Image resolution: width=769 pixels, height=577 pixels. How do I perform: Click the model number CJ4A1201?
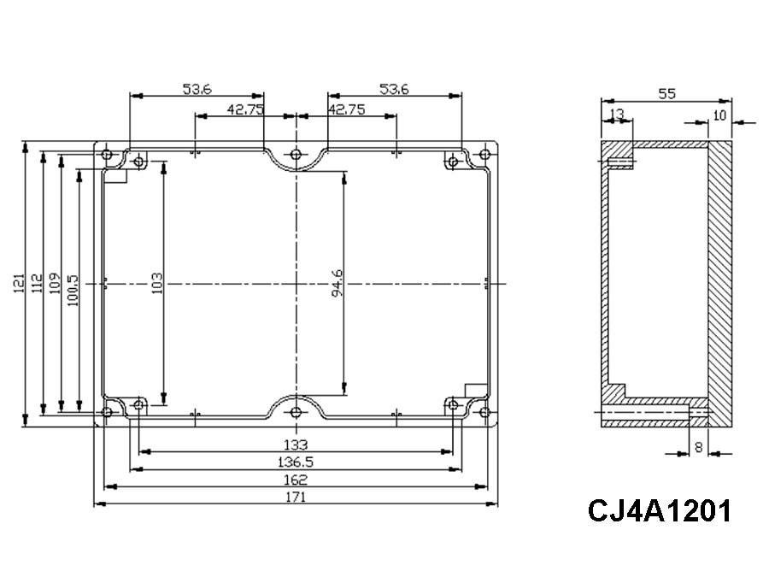click(x=659, y=511)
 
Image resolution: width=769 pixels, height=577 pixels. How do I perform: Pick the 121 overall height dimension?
click(x=19, y=283)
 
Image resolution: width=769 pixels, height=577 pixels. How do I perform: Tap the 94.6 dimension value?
click(x=338, y=283)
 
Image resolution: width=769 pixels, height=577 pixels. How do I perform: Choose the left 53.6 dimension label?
click(x=197, y=88)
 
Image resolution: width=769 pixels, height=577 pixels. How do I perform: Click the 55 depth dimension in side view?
click(x=667, y=95)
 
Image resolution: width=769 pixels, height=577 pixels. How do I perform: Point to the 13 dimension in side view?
click(x=616, y=114)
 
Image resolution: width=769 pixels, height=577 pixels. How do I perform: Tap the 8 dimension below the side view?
click(x=700, y=445)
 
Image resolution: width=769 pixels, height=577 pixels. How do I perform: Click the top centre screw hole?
click(x=296, y=155)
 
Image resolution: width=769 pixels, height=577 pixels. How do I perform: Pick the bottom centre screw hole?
click(x=296, y=412)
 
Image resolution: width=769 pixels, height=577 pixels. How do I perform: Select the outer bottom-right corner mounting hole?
click(x=485, y=413)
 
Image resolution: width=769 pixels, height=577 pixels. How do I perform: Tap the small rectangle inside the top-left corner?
click(x=114, y=177)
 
